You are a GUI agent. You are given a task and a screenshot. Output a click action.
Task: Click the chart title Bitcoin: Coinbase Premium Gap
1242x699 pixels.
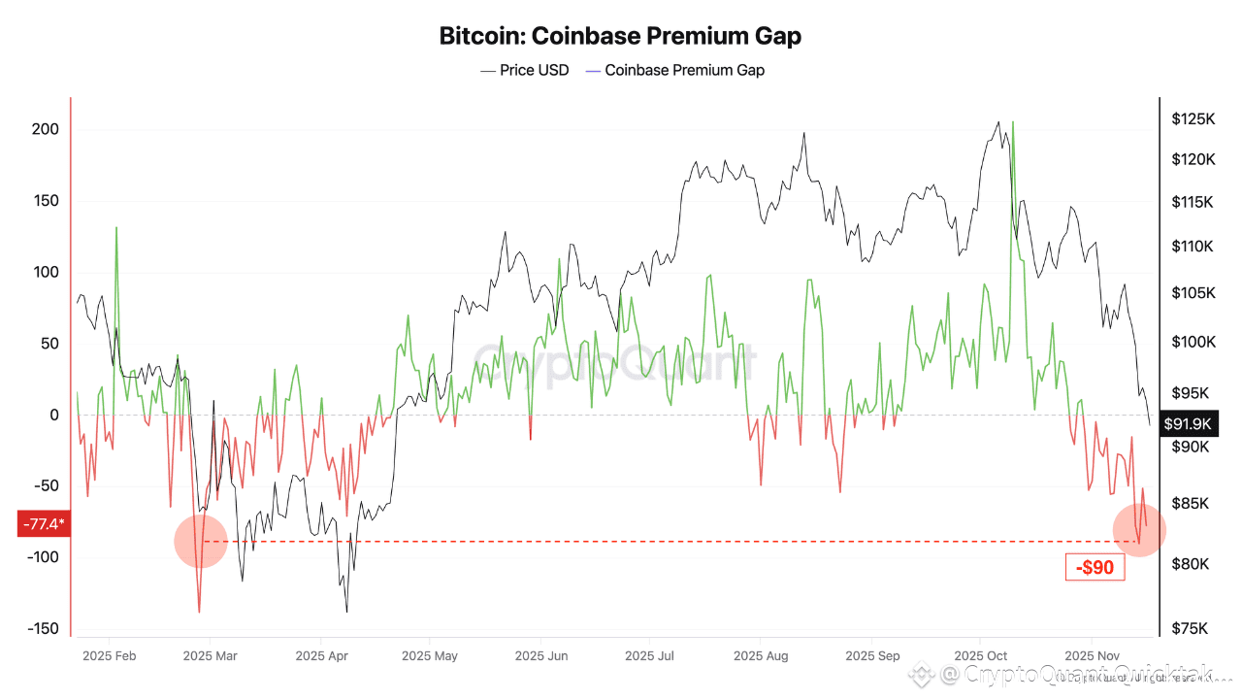(620, 37)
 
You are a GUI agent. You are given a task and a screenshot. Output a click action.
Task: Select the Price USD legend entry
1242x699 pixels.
(525, 70)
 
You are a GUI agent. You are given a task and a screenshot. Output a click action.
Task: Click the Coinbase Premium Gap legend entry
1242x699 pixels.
(675, 70)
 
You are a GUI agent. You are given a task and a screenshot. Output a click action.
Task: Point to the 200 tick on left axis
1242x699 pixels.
(45, 130)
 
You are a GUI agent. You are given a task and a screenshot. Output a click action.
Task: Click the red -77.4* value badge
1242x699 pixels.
(44, 525)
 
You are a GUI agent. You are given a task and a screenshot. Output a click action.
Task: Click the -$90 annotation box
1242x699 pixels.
(1095, 567)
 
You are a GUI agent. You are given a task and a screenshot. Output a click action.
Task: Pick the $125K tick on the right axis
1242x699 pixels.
(1193, 119)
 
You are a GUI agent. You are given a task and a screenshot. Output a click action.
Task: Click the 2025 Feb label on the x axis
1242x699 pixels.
(109, 656)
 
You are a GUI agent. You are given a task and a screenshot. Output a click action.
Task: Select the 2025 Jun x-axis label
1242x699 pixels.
(541, 656)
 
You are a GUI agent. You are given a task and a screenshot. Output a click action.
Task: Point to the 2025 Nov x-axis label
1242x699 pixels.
(1093, 656)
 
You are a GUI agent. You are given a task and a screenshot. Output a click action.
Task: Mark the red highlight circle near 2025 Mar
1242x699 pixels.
(201, 541)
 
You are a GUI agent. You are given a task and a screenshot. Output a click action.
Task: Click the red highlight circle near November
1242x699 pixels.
(1139, 531)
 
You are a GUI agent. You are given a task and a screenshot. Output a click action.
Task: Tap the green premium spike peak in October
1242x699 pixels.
(1013, 123)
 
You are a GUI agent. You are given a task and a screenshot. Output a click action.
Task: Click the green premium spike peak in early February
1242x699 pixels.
(116, 228)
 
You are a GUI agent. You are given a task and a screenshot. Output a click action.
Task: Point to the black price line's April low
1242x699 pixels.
(346, 612)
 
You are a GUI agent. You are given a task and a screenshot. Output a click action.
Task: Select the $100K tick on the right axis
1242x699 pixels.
(1193, 342)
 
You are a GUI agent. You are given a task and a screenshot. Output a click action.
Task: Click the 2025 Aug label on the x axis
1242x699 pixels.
(761, 656)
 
